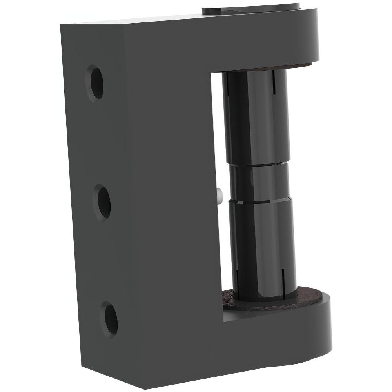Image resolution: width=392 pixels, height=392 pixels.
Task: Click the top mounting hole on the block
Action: (x=95, y=83)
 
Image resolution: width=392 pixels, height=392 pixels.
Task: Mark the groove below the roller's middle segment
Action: (x=261, y=201)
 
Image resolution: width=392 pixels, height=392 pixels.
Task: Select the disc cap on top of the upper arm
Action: (x=251, y=7)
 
